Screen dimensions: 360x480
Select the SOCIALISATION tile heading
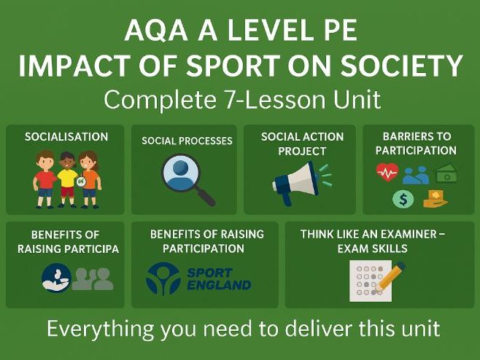(66, 136)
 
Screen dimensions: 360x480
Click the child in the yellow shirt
(67, 178)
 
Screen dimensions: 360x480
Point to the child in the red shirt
(44, 178)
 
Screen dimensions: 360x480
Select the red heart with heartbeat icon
(387, 172)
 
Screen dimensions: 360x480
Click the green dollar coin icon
(402, 197)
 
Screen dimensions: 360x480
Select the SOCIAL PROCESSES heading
(187, 141)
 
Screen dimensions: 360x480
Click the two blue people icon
(417, 174)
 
